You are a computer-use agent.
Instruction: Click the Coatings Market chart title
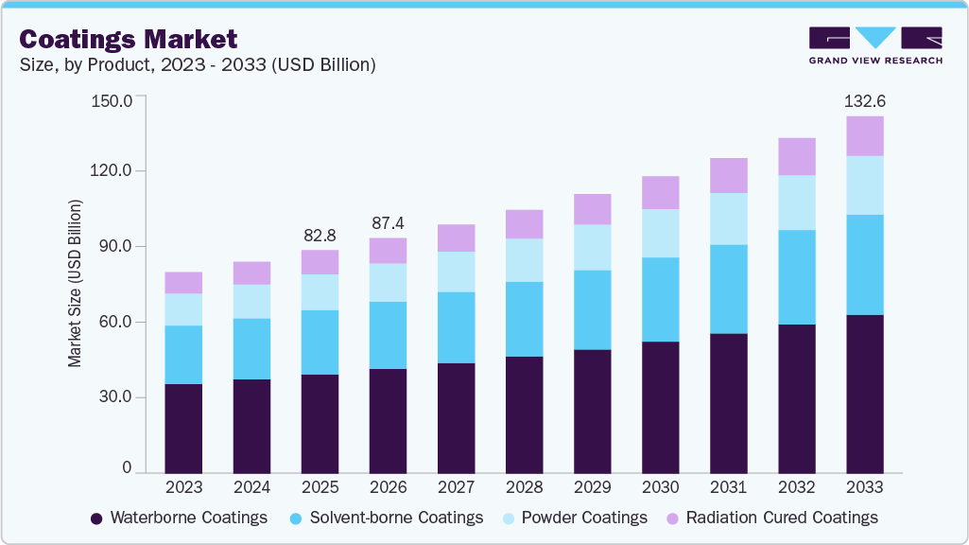point(129,39)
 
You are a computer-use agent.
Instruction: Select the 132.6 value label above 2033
point(865,100)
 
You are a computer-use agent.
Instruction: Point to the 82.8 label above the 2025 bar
point(320,234)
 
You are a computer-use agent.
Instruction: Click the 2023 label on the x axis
point(183,487)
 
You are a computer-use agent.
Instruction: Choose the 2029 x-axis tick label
point(592,487)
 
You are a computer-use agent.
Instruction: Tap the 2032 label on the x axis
point(796,487)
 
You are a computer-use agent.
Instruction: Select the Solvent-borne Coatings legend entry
point(388,518)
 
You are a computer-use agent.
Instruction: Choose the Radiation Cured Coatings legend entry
point(772,518)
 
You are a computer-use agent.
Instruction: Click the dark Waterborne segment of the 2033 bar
point(865,394)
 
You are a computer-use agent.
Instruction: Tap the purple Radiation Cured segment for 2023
point(183,282)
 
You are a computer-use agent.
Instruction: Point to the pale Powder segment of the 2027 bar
point(456,272)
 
